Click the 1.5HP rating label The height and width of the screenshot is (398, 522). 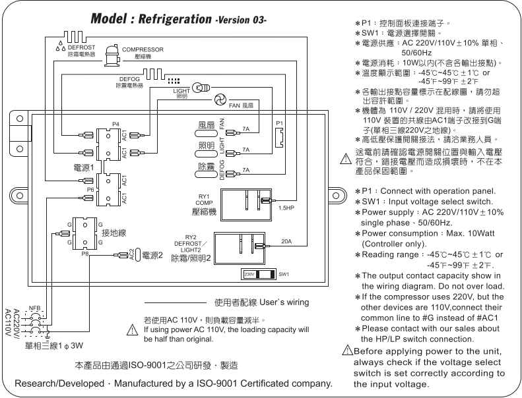click(286, 208)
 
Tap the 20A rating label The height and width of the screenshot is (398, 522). click(286, 241)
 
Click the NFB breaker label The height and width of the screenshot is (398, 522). click(35, 308)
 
